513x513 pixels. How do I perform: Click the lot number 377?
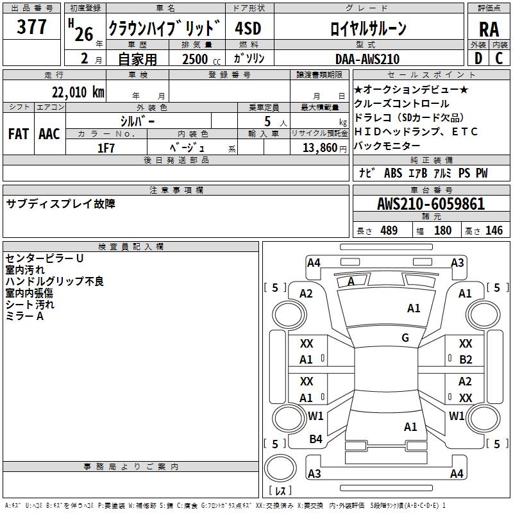(31, 28)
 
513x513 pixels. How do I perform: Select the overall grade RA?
(489, 29)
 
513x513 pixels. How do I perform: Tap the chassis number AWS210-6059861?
(431, 204)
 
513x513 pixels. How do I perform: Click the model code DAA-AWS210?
(367, 59)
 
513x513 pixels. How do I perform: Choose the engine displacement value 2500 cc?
(198, 59)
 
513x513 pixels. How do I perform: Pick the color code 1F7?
(106, 148)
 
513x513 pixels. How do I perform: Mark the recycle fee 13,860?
(319, 148)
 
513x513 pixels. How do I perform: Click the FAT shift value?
(19, 133)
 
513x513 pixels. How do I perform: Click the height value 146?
(494, 231)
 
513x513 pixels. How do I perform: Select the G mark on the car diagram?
(405, 338)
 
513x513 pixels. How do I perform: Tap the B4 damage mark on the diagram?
(315, 439)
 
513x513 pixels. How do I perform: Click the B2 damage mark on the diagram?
(466, 360)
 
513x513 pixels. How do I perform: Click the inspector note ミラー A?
(24, 316)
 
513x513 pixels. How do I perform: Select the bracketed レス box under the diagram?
(280, 491)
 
